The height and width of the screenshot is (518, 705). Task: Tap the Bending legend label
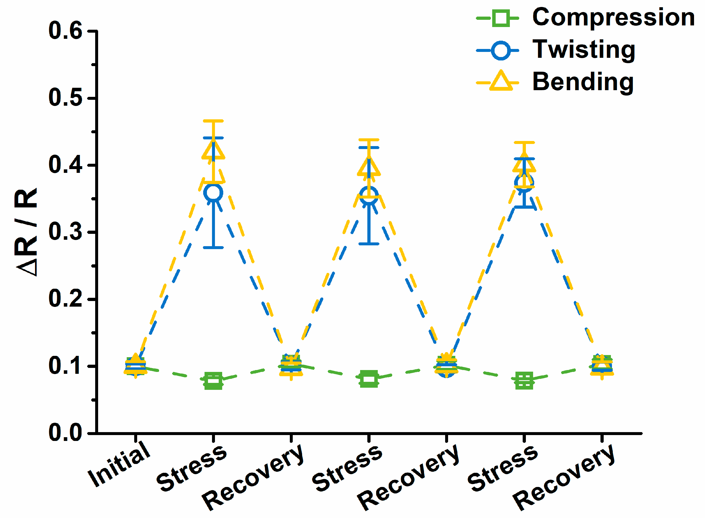[x=583, y=82]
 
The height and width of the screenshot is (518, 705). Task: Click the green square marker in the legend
[x=501, y=18]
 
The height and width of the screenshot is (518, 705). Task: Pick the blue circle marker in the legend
[x=501, y=50]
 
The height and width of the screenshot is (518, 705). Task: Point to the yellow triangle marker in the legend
[x=501, y=82]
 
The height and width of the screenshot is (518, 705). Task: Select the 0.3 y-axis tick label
[x=65, y=232]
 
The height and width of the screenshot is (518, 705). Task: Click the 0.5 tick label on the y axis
[x=65, y=98]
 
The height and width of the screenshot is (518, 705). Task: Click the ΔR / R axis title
[x=26, y=232]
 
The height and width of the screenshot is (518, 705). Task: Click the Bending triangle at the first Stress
[x=213, y=150]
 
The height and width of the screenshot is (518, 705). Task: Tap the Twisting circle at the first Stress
[x=213, y=192]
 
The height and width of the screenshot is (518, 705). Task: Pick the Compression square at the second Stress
[x=369, y=379]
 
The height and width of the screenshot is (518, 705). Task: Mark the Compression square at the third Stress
[x=524, y=381]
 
